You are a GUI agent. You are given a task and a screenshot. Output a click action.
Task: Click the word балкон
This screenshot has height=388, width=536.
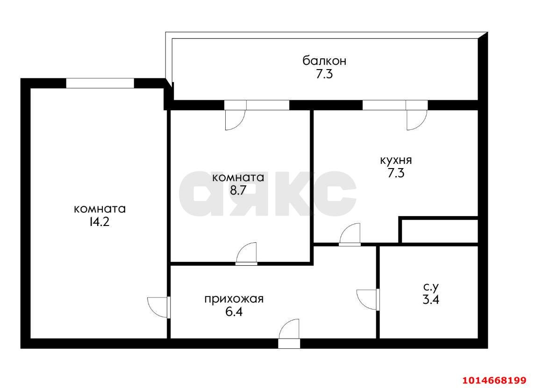tap(324, 61)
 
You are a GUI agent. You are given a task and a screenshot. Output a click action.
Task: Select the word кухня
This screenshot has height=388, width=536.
tap(395, 160)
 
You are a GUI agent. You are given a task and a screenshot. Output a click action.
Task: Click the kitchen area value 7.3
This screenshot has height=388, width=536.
tap(395, 173)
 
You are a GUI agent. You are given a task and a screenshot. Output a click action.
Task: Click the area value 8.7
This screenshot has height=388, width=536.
tap(238, 190)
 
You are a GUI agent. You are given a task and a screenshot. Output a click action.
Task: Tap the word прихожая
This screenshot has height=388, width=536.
tap(234, 299)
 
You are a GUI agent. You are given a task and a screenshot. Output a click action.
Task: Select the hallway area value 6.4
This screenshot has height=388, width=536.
tap(234, 312)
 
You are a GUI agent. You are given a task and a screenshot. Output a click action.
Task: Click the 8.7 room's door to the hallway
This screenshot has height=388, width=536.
tap(247, 254)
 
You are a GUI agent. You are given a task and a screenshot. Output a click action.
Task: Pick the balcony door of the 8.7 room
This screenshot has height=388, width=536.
tap(235, 118)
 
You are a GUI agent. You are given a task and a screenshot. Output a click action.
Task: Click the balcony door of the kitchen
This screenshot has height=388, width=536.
tap(416, 118)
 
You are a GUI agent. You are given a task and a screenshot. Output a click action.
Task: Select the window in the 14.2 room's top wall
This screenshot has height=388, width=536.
tap(100, 83)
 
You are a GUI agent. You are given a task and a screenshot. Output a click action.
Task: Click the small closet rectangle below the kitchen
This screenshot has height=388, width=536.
tap(439, 231)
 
